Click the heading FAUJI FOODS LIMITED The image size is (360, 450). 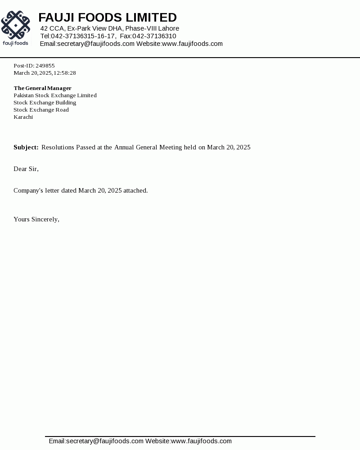tap(108, 18)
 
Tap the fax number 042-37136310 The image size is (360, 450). tap(154, 36)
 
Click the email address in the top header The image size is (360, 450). tap(96, 44)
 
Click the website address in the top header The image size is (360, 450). tap(192, 44)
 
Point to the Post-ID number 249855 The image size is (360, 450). tap(45, 66)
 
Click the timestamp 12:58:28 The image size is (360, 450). tap(65, 73)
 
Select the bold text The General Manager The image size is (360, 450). tap(42, 88)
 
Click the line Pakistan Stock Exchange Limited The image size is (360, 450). tap(55, 95)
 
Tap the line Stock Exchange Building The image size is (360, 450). tap(45, 103)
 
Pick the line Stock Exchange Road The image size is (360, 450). tap(41, 110)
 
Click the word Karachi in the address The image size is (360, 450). tap(23, 117)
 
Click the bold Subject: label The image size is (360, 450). tap(26, 148)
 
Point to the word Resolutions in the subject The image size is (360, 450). tap(58, 148)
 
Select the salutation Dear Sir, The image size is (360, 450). tap(26, 169)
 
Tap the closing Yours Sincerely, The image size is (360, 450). tap(36, 220)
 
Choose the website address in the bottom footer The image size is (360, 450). tap(201, 441)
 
